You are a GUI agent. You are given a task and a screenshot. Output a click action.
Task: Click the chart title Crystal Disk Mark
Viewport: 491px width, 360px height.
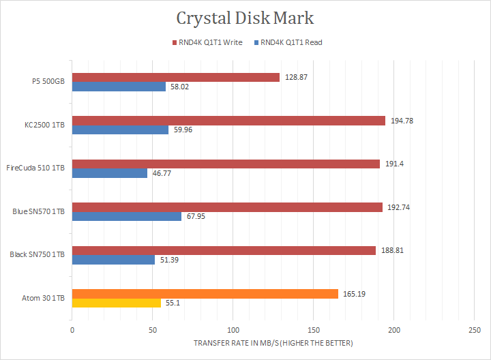click(245, 18)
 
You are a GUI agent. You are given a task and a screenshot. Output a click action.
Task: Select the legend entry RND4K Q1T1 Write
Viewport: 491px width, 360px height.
click(209, 42)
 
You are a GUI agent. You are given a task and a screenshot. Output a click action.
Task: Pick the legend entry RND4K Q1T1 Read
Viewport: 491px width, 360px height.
click(291, 42)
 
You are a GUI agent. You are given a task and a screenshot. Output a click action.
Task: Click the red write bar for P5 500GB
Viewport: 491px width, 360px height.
click(176, 77)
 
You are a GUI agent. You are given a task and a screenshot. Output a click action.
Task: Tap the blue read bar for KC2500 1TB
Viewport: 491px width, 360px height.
click(120, 130)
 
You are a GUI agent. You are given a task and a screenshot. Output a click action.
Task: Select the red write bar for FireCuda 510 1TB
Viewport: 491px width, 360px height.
click(226, 164)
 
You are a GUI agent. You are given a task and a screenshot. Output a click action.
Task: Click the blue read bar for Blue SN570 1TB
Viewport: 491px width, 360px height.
click(127, 216)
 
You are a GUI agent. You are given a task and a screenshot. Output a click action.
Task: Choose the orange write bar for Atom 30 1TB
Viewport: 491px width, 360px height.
click(205, 294)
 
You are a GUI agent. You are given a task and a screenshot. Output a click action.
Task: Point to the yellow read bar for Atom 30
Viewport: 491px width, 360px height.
click(117, 303)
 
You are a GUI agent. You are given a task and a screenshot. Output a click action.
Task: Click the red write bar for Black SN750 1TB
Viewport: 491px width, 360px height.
click(224, 250)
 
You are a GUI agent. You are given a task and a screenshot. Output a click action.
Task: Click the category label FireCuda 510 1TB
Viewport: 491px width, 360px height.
click(35, 168)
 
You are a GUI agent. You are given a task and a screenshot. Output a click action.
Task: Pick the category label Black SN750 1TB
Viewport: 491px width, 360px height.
click(38, 254)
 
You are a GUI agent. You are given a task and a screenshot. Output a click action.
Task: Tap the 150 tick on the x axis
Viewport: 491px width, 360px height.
click(313, 330)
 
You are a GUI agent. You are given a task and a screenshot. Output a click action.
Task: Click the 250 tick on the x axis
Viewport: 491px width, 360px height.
click(474, 330)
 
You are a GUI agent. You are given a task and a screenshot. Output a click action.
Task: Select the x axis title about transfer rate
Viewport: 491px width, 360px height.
click(273, 342)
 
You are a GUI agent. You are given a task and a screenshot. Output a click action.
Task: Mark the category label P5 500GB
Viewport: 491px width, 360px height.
click(48, 81)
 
